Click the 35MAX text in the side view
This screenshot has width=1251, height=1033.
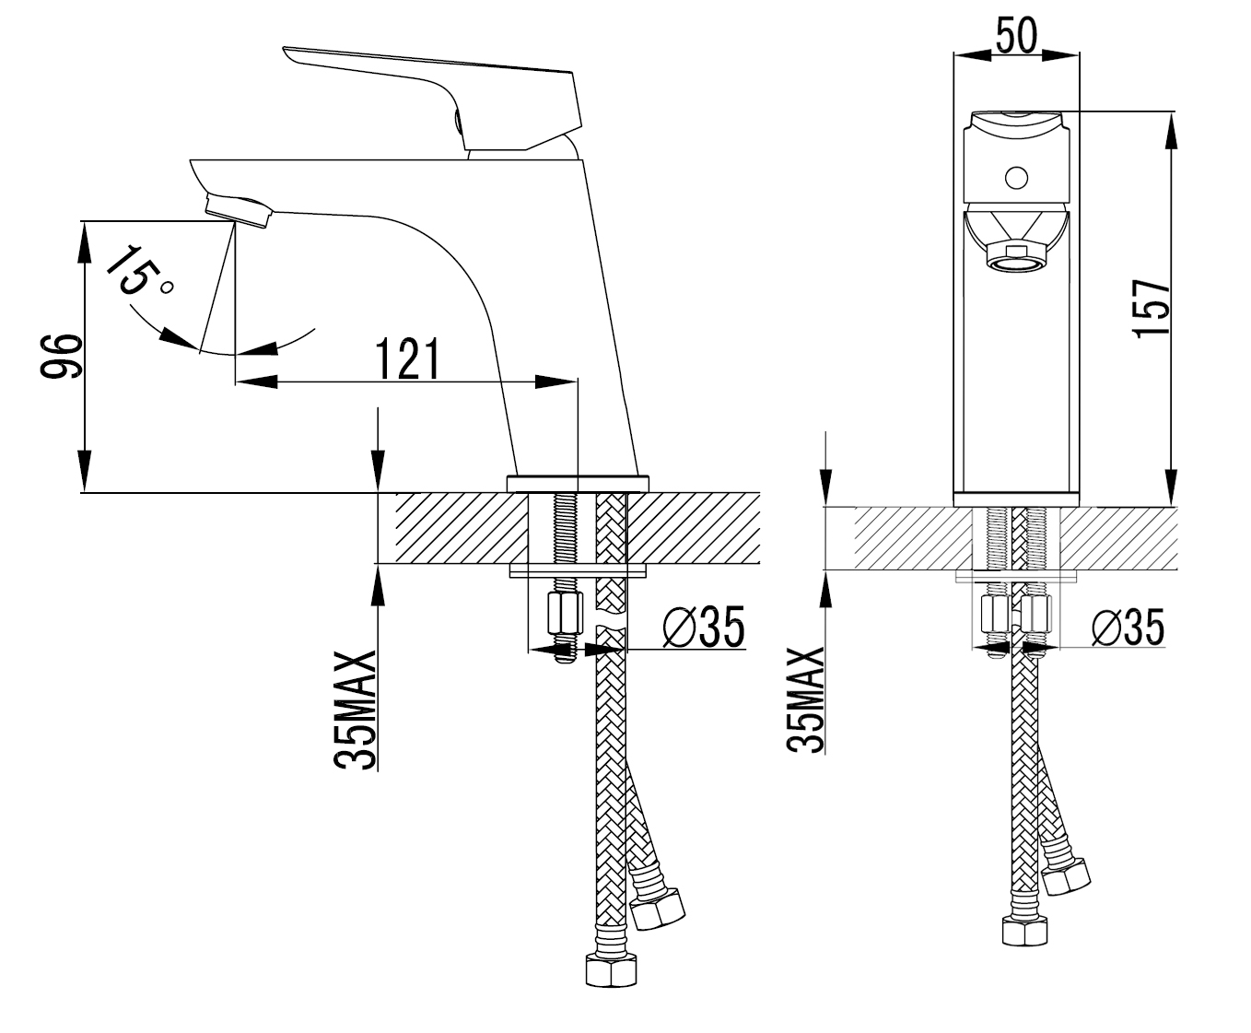tap(356, 710)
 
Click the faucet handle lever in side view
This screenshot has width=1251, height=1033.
tap(433, 78)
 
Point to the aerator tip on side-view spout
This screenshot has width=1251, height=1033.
tap(238, 209)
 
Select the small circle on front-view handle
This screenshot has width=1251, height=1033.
tap(1016, 176)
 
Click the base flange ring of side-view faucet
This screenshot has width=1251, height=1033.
tap(579, 483)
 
